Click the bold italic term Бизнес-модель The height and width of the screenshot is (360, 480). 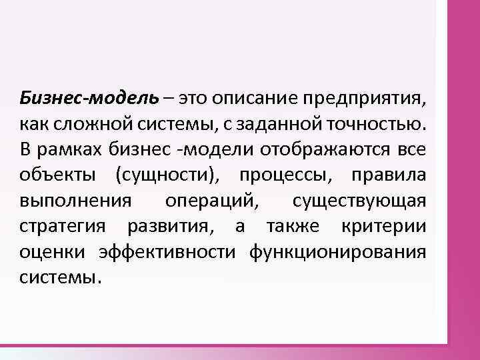coord(89,99)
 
